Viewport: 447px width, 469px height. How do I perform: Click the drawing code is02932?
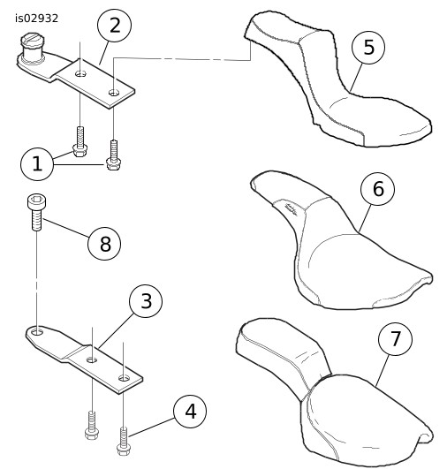(36, 19)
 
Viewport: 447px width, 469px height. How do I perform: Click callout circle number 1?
(37, 163)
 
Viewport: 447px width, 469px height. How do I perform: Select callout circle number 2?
(115, 26)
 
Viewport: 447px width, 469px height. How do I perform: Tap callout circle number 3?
(146, 301)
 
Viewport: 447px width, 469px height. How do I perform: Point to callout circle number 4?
(190, 411)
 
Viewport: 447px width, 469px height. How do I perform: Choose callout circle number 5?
(368, 48)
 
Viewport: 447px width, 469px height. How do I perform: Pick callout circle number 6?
(378, 189)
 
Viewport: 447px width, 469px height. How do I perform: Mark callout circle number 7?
(395, 339)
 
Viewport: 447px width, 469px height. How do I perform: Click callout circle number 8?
(104, 243)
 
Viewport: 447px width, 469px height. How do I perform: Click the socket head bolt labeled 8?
(36, 212)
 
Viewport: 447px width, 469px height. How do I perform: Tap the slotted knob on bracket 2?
(33, 49)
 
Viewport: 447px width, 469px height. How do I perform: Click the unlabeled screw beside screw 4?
(92, 425)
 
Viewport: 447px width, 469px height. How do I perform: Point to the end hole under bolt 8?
(37, 331)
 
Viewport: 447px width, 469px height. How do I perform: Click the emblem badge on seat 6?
(292, 208)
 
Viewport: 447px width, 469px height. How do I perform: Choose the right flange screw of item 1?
(113, 155)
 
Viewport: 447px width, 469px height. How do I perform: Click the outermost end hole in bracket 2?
(114, 93)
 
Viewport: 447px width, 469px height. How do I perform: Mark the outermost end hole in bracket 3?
(124, 378)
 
